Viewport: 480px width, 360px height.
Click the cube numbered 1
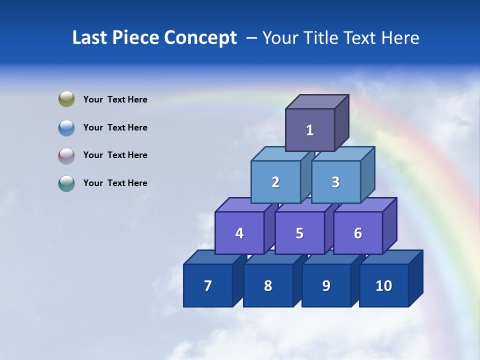(310, 130)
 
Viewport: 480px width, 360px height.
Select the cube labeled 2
(275, 182)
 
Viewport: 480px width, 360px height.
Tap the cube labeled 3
(335, 182)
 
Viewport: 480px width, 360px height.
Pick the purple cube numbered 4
(239, 233)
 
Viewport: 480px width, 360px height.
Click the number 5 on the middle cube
(299, 233)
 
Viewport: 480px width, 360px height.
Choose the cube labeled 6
(358, 233)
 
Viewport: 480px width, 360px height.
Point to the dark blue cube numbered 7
(208, 286)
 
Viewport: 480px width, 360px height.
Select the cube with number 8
(268, 286)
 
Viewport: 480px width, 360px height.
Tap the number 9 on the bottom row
(326, 286)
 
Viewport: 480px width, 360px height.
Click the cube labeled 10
(384, 286)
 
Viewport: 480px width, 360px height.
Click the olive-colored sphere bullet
(66, 99)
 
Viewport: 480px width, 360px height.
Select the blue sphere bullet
(66, 127)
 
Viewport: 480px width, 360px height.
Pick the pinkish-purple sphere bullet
(66, 155)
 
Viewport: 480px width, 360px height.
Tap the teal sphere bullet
(66, 183)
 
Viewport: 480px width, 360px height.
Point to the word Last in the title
(90, 38)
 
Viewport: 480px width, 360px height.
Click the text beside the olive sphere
(115, 99)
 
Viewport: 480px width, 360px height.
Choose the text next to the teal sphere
(115, 183)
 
